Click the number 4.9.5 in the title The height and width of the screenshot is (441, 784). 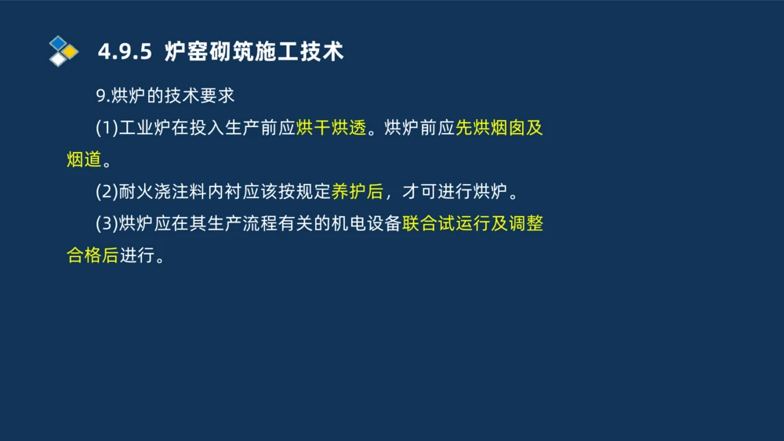(x=124, y=52)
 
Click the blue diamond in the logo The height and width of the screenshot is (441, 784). (x=59, y=42)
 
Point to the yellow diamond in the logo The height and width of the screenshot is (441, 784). (x=71, y=52)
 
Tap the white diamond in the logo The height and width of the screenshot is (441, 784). (x=59, y=59)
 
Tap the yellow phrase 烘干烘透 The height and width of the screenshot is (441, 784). (x=332, y=128)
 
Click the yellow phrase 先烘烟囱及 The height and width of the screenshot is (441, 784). (x=499, y=128)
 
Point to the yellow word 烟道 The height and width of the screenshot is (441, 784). (x=85, y=161)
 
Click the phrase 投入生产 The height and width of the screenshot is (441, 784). (x=223, y=128)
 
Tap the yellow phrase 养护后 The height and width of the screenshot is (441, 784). (x=358, y=192)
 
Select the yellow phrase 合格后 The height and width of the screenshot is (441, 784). (x=93, y=256)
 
